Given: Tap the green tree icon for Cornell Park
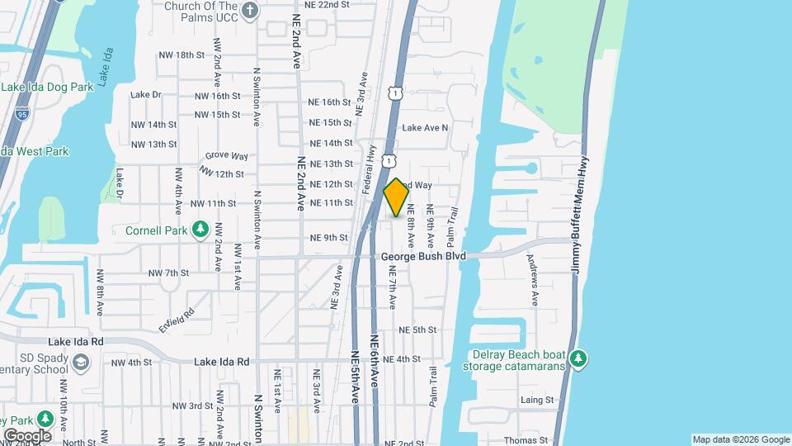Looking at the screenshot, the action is pyautogui.click(x=199, y=228).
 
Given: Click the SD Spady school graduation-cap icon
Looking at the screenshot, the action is pyautogui.click(x=82, y=363).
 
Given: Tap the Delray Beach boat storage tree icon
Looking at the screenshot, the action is pyautogui.click(x=580, y=357).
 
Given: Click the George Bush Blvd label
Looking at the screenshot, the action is pyautogui.click(x=423, y=257).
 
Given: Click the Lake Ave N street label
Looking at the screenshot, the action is pyautogui.click(x=425, y=128).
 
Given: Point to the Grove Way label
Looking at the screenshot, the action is pyautogui.click(x=227, y=155).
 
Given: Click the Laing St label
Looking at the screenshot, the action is pyautogui.click(x=537, y=400).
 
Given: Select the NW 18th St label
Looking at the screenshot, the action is pyautogui.click(x=181, y=55).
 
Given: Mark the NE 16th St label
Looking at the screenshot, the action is pyautogui.click(x=330, y=102).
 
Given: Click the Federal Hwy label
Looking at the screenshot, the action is pyautogui.click(x=370, y=170).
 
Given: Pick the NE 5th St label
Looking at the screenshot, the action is pyautogui.click(x=417, y=330).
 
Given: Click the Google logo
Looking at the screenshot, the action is pyautogui.click(x=27, y=435).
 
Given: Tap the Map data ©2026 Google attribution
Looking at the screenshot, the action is pyautogui.click(x=741, y=439).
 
